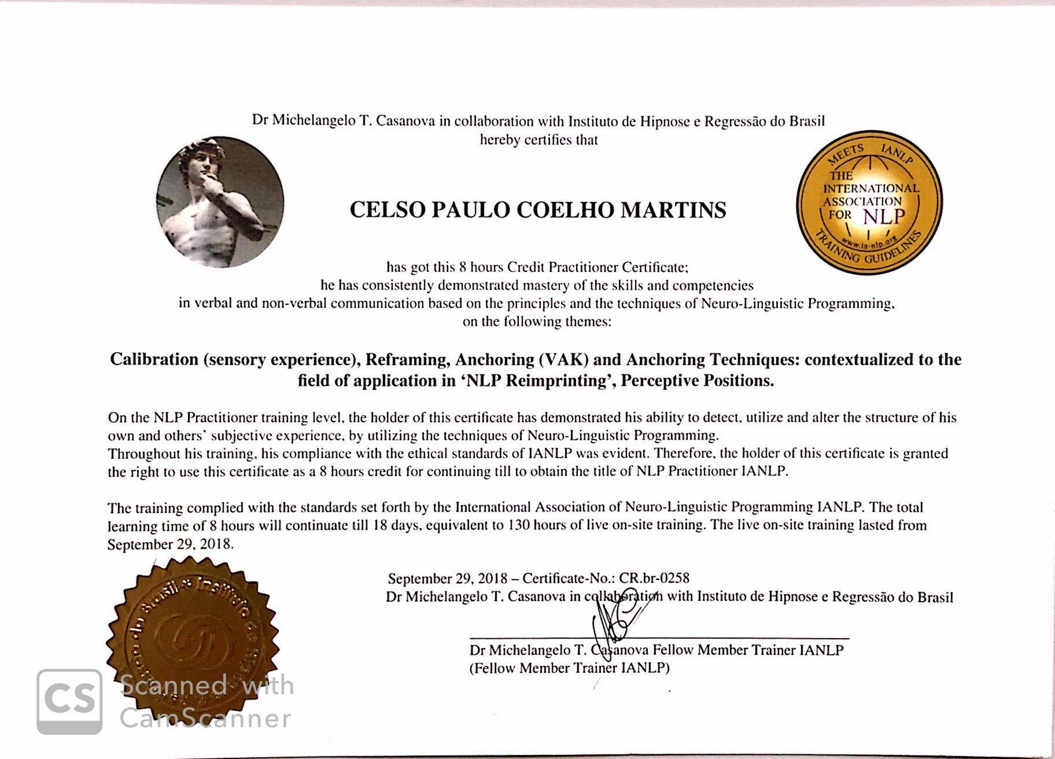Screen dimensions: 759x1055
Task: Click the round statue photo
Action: [220, 202]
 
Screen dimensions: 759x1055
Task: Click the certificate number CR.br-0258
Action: [654, 578]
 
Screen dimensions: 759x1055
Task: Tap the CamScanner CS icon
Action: [69, 702]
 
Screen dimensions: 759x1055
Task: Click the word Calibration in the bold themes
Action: [154, 359]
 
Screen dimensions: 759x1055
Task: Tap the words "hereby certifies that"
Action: [538, 140]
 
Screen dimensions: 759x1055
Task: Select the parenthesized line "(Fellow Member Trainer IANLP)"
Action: [569, 668]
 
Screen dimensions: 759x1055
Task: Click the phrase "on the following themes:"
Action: [536, 322]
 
